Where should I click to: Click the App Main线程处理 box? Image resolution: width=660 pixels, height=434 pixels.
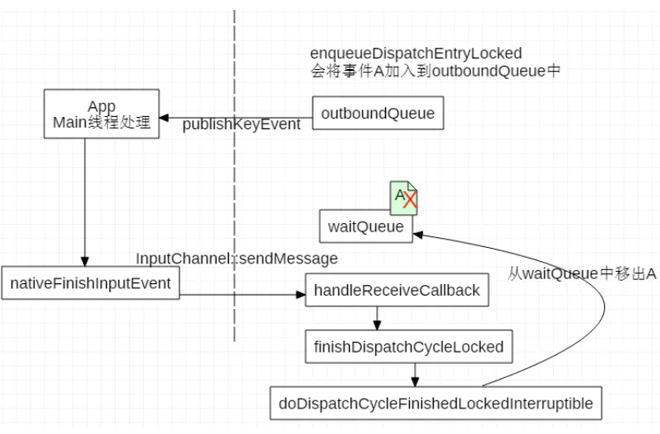point(101,115)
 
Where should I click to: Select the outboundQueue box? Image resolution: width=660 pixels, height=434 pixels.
point(378,114)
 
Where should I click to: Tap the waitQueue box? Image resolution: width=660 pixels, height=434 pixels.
point(366,226)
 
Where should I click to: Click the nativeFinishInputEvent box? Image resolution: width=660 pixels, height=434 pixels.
point(90,283)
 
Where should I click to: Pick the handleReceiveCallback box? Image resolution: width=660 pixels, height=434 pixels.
point(396,291)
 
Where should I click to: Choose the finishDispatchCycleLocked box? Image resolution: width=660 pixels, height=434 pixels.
point(408,347)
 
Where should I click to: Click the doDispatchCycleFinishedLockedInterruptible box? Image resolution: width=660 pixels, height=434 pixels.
point(436,404)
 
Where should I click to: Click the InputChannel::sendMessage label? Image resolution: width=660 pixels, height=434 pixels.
point(237,259)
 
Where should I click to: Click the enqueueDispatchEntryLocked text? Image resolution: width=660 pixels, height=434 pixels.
point(416,54)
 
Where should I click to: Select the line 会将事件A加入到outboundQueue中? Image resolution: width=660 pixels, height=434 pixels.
point(435,71)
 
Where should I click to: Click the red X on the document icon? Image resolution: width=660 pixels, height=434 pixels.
point(410,200)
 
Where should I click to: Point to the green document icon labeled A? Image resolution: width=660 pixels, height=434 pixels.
point(401,196)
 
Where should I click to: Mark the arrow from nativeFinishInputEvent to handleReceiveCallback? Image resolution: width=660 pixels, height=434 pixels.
point(239,292)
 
